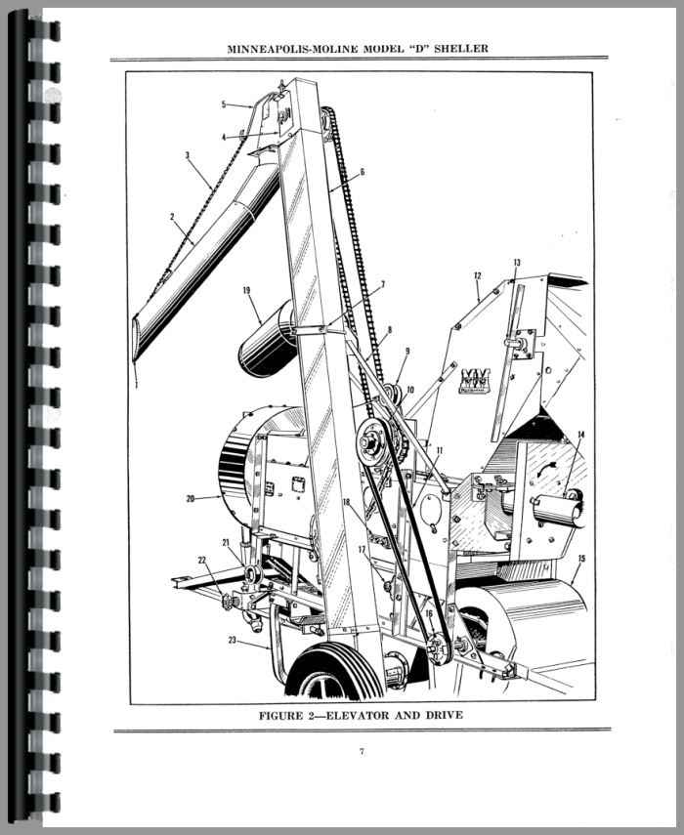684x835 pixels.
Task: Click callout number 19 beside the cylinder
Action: point(246,290)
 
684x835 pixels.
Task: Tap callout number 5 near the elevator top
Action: point(225,104)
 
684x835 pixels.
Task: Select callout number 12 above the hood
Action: point(477,275)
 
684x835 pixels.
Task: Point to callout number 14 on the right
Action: point(580,435)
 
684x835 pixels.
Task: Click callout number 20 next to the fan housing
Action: point(191,498)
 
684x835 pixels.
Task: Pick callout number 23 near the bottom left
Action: point(232,640)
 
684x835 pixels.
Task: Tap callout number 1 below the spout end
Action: point(137,384)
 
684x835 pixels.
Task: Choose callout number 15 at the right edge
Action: point(581,558)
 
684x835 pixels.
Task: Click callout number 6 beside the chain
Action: point(363,172)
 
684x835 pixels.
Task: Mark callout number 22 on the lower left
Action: point(201,560)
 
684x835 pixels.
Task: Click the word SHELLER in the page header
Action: point(461,49)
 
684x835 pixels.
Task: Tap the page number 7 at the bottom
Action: point(362,751)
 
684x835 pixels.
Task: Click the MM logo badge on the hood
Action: point(474,381)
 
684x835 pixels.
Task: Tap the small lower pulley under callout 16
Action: point(440,648)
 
